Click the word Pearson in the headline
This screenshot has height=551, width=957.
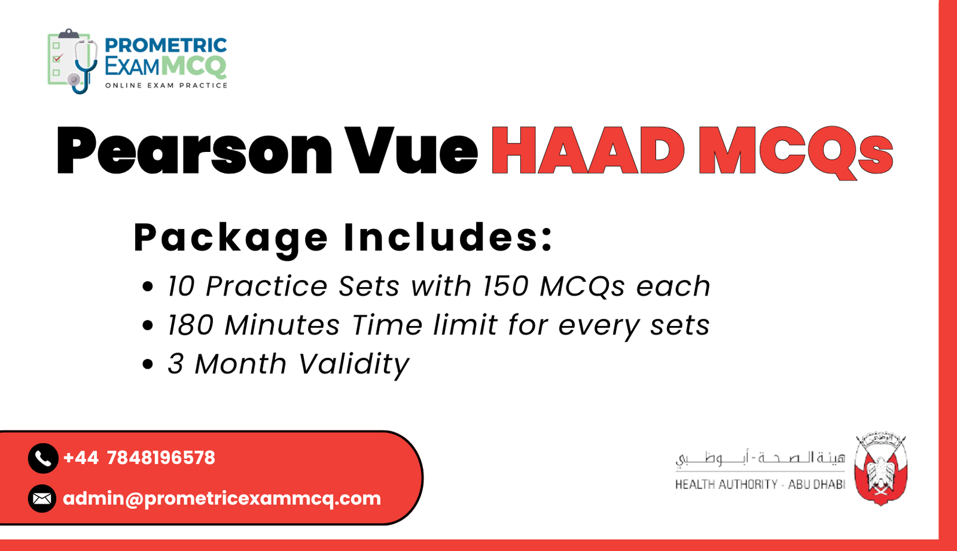pos(194,151)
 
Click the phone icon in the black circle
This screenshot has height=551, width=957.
pos(42,458)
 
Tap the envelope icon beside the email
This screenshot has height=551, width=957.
pos(42,498)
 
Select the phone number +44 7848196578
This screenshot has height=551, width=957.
pos(139,458)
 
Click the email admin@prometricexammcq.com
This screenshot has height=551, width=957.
pos(222,498)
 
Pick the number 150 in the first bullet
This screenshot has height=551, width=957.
pos(505,287)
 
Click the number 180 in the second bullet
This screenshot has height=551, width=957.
pos(190,325)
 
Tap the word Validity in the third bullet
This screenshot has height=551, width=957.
pos(353,364)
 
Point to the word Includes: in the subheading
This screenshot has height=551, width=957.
pos(449,238)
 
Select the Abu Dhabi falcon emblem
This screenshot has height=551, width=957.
pos(881,469)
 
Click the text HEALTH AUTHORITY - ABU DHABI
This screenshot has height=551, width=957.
pos(760,485)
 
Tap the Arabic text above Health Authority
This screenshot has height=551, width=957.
pos(760,459)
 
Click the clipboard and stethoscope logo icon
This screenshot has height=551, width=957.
pos(72,62)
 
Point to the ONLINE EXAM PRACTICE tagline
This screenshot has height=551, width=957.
pos(166,86)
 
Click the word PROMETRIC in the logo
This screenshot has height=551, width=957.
pos(166,45)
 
